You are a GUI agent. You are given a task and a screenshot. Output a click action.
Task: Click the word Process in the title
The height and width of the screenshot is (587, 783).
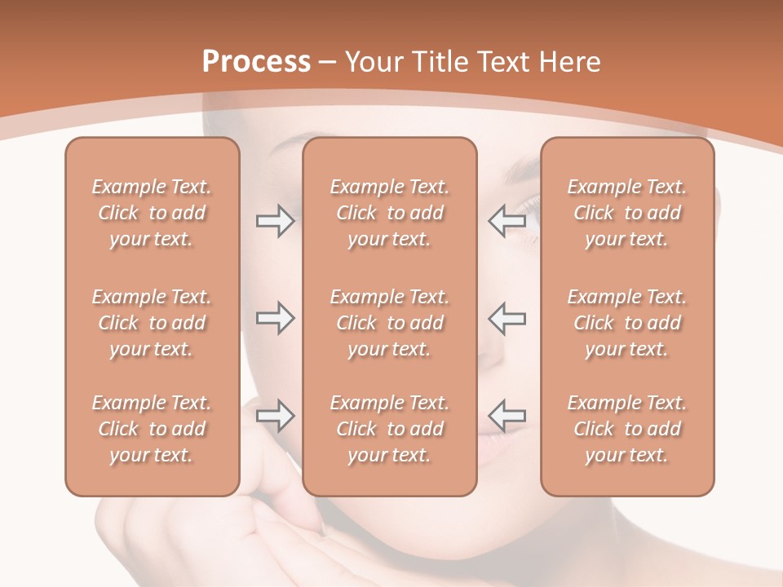click(256, 61)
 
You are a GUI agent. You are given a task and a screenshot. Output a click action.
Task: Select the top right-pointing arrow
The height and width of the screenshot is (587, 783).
click(275, 221)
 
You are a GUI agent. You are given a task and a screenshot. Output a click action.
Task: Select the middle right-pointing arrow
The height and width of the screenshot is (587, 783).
click(275, 318)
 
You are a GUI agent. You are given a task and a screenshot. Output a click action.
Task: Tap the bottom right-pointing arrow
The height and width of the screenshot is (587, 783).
click(275, 416)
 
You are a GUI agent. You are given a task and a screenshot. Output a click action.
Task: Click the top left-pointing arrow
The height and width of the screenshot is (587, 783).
click(507, 221)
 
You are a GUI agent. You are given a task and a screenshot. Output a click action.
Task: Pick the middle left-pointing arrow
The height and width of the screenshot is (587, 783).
click(507, 318)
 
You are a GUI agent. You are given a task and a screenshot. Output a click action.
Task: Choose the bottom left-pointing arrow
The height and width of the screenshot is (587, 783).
click(507, 416)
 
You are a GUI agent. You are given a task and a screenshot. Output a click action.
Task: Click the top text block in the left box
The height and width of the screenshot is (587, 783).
click(152, 213)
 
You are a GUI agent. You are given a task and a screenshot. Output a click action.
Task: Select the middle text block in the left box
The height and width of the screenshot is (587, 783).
click(152, 323)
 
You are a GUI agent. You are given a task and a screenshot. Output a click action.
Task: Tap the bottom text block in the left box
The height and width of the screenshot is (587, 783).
click(152, 429)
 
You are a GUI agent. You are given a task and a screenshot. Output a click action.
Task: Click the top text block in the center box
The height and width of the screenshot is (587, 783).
click(389, 213)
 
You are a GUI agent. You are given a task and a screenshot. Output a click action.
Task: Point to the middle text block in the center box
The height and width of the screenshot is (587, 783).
click(389, 323)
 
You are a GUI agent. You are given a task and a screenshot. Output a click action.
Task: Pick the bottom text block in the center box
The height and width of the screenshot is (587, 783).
click(389, 429)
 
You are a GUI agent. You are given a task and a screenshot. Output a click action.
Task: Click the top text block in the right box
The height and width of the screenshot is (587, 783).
click(626, 213)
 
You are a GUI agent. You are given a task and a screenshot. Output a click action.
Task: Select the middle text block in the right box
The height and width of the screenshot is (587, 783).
click(626, 323)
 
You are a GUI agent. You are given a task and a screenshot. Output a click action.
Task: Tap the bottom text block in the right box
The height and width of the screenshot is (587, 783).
click(626, 429)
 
